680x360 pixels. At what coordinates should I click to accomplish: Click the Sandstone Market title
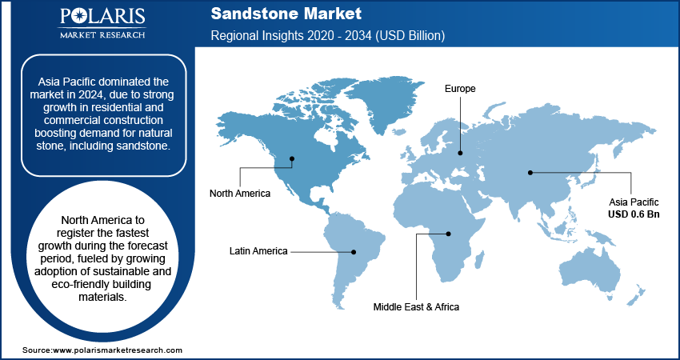pos(286,14)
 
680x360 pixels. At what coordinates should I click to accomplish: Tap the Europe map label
pos(460,89)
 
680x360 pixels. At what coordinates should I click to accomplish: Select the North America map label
pos(240,194)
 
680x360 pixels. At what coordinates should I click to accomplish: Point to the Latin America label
pos(258,251)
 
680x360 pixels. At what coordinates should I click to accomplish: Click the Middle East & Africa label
pos(416,306)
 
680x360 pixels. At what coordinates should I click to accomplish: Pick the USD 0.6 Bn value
pos(633,214)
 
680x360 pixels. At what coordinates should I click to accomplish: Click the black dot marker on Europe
pos(460,152)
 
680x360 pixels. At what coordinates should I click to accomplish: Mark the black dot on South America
pos(357,251)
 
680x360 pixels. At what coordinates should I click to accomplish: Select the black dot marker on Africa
pos(450,234)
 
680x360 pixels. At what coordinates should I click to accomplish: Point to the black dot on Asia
pos(530,172)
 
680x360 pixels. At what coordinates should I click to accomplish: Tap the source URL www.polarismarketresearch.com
pos(118,350)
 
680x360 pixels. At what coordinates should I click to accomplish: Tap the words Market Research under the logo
pos(101,34)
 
